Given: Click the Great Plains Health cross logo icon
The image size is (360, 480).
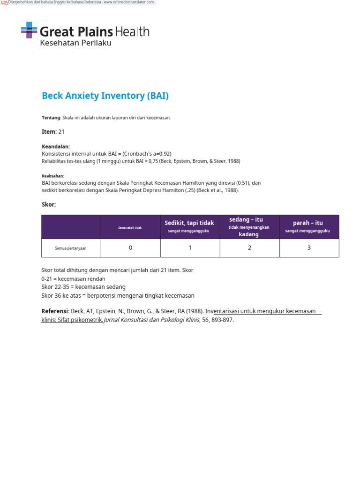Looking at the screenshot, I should tap(29, 30).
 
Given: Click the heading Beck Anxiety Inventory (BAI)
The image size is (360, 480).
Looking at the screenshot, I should tap(105, 96).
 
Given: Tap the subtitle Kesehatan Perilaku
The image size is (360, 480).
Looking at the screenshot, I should tap(75, 43).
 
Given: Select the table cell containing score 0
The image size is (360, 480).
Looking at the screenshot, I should tap(130, 247).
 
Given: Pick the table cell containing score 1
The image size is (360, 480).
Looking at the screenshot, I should tap(190, 247).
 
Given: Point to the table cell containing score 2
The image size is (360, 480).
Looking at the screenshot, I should tap(249, 247).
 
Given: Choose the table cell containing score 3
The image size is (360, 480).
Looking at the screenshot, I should tap(309, 247).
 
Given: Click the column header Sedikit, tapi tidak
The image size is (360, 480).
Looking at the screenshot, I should tap(189, 223).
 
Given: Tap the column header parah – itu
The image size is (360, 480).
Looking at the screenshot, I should tap(308, 223).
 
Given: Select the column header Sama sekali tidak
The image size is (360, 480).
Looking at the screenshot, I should tap(130, 227).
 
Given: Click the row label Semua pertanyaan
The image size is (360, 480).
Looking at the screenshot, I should tap(71, 248).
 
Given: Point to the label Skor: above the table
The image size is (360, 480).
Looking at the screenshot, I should tap(49, 205).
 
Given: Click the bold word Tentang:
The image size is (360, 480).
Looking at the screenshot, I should tap(51, 118).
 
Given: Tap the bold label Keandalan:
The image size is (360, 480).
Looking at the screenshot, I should tap(56, 147).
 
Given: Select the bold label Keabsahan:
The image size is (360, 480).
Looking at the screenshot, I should tap(52, 176).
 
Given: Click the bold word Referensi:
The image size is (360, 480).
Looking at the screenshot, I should tap(55, 311).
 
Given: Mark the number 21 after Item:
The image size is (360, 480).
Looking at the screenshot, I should tap(61, 132).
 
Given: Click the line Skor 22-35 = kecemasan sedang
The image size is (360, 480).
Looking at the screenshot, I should tap(83, 287).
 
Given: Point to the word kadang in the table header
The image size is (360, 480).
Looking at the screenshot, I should tap(248, 234).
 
